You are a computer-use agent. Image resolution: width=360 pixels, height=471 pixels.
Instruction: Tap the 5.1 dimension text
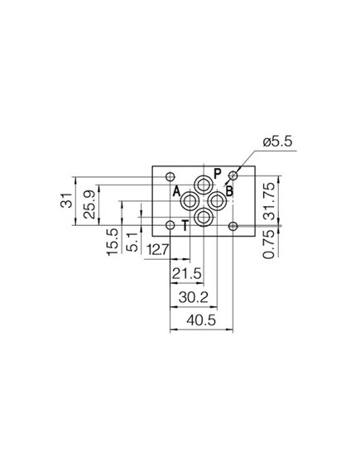132,242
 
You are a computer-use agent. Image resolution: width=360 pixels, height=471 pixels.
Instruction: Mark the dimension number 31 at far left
67,199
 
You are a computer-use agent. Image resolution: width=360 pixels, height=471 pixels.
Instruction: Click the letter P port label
217,174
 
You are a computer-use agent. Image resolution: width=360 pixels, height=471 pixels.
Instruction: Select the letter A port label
176,192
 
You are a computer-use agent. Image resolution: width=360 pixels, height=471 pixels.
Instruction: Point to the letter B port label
229,192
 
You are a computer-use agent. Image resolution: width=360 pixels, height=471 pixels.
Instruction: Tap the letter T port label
185,224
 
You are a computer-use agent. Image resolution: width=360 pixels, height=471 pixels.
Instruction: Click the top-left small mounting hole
170,176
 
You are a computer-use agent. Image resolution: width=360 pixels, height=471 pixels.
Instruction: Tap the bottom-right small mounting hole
234,225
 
